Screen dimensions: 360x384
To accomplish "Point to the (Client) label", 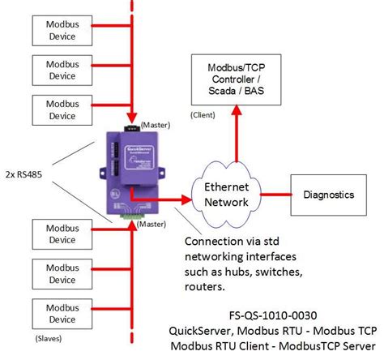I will pos(203,115).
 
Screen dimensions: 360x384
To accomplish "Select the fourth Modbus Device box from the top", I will pos(58,234).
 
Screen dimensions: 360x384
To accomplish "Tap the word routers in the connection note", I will pos(207,285).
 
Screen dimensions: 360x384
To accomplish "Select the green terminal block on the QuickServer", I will pos(128,217).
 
